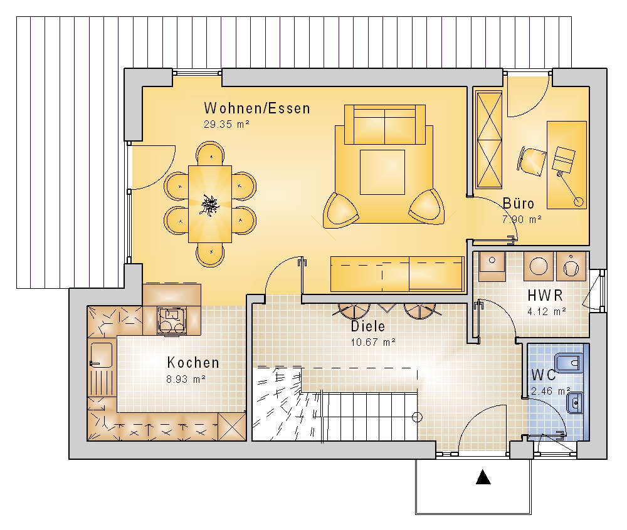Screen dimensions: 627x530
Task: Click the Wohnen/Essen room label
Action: click(x=256, y=108)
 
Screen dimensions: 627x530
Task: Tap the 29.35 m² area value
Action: click(x=227, y=124)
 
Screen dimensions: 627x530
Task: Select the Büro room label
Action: click(x=519, y=204)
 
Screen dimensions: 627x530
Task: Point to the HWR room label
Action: click(x=545, y=296)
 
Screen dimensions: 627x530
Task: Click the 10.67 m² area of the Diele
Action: click(x=373, y=342)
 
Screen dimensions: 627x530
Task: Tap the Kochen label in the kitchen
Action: click(x=193, y=363)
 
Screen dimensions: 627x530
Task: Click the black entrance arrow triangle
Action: click(x=483, y=477)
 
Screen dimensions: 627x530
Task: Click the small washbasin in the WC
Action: click(x=574, y=403)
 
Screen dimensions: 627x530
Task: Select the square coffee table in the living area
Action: click(x=382, y=172)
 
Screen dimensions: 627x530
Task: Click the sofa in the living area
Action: click(x=385, y=124)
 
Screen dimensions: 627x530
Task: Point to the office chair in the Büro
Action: click(x=532, y=161)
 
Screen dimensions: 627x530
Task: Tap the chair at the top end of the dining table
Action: click(x=210, y=153)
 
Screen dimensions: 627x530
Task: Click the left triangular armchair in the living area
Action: click(x=340, y=210)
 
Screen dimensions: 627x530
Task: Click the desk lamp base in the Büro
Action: click(x=578, y=202)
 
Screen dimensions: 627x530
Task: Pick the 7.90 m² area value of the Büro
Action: click(x=522, y=219)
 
